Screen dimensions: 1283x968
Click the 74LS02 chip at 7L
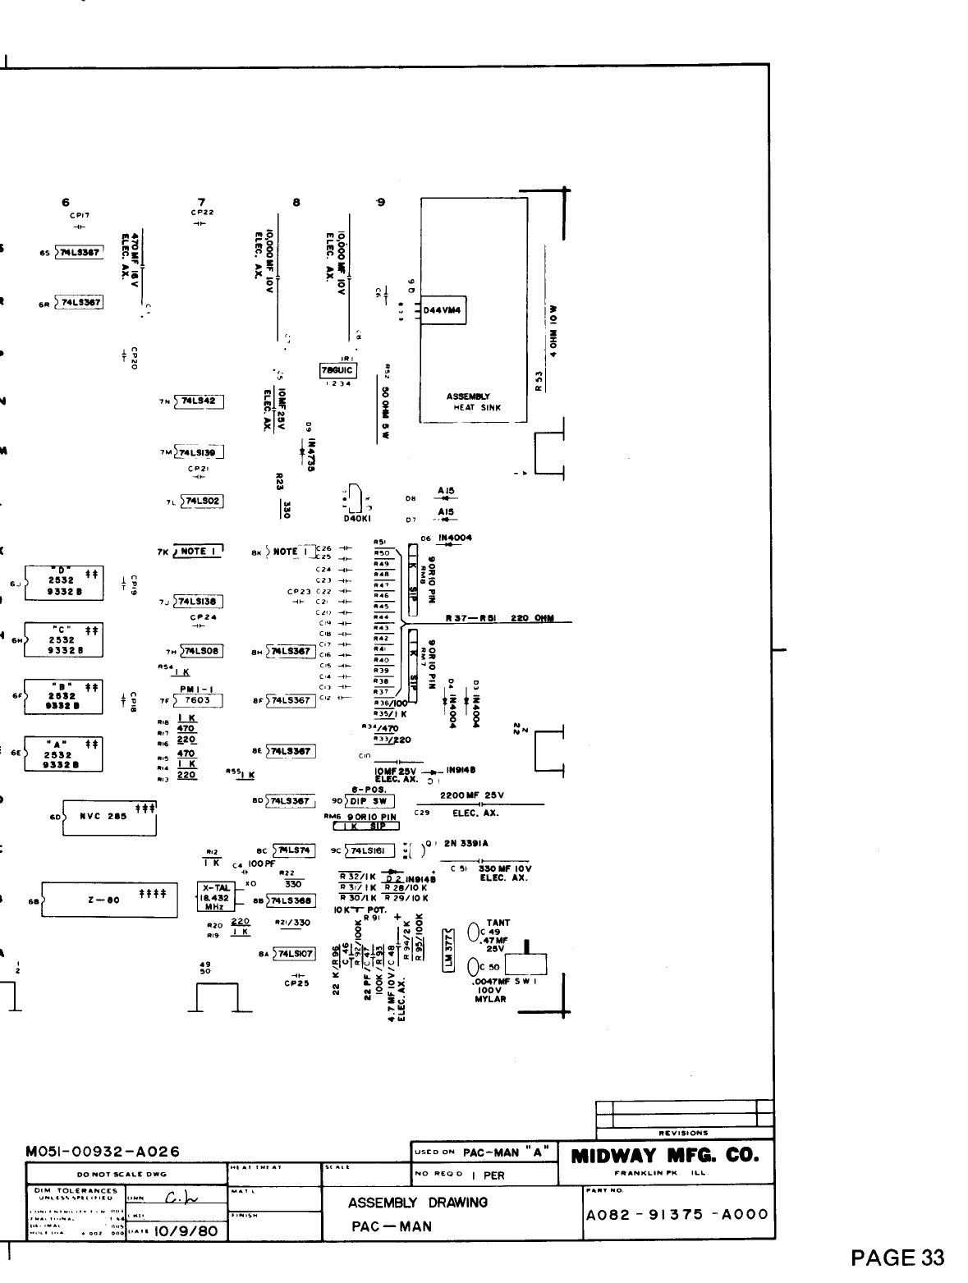tap(203, 501)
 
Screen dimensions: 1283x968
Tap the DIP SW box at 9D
tap(370, 801)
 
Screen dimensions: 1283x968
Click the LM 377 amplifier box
tap(448, 951)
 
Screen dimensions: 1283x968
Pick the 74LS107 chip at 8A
tap(295, 954)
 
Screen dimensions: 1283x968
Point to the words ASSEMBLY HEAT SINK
tap(474, 401)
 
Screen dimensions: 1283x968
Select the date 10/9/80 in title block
tap(177, 1231)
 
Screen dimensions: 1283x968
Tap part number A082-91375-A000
tap(676, 1215)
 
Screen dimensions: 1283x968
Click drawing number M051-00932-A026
tap(103, 1152)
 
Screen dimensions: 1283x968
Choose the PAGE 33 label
tap(897, 1258)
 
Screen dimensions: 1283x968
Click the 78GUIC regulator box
tap(337, 371)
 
